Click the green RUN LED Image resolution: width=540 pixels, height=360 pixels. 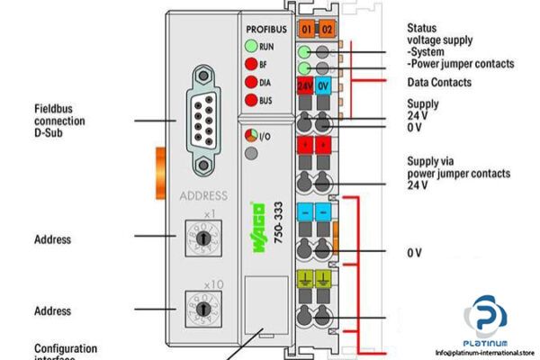[250, 46]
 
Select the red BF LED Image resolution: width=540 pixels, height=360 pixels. [250, 64]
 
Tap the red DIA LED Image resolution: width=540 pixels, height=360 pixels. [250, 82]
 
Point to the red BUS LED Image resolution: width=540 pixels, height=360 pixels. [250, 100]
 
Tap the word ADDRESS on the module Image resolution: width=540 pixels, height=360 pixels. [203, 194]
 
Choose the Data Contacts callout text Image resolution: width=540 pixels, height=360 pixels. [439, 82]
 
